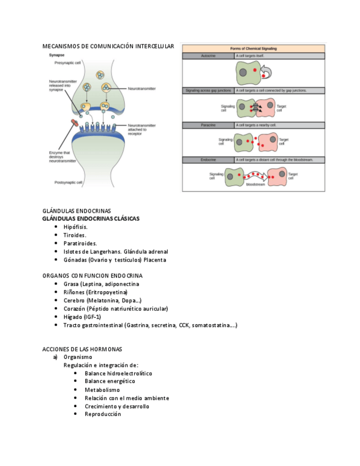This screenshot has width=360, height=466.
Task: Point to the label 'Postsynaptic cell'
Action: point(68,182)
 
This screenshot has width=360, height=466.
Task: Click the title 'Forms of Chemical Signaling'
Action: point(253,48)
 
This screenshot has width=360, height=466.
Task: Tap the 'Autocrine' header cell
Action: point(208,56)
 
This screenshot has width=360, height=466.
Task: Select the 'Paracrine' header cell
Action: point(207,125)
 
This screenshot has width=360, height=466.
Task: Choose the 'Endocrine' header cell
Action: point(208,160)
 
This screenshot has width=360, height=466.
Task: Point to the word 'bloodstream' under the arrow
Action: point(255,185)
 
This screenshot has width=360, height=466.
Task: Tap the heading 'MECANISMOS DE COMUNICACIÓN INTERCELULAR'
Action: point(108,46)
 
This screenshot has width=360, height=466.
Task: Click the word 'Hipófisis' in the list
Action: point(75,226)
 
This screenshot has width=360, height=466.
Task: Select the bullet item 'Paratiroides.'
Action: point(80,243)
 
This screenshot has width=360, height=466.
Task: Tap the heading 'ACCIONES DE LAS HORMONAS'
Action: point(82,349)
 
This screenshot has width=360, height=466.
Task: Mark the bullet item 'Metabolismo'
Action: point(102,390)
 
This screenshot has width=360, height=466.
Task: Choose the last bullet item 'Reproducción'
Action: point(103,414)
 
